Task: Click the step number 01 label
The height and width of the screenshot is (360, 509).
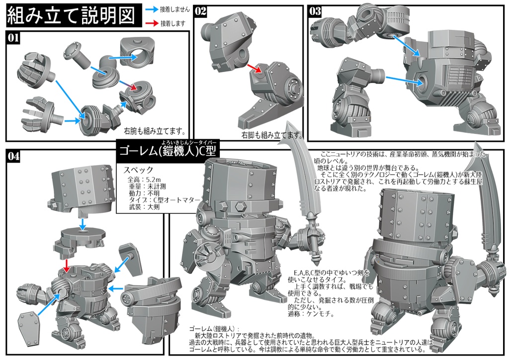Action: pos(13,37)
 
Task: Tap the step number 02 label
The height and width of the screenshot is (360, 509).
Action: pos(201,11)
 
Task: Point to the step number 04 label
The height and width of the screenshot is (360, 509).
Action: pos(14,156)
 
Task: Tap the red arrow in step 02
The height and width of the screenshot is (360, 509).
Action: pos(254,69)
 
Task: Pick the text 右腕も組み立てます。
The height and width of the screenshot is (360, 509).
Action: pos(155,132)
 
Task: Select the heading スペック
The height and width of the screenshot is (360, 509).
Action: pos(139,170)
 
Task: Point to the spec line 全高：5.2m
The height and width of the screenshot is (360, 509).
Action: pos(143,179)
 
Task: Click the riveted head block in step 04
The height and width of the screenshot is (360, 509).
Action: pos(82,186)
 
